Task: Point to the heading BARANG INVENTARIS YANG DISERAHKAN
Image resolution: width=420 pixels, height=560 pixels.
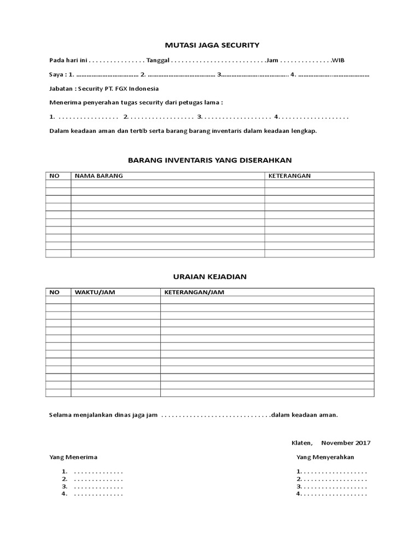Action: pyautogui.click(x=210, y=160)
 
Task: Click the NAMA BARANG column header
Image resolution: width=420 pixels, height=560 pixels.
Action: pyautogui.click(x=99, y=176)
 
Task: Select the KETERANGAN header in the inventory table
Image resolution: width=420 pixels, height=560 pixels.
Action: pyautogui.click(x=289, y=176)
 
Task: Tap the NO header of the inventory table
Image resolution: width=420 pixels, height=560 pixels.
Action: pyautogui.click(x=54, y=176)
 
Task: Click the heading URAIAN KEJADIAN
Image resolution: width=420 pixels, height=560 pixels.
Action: pyautogui.click(x=210, y=277)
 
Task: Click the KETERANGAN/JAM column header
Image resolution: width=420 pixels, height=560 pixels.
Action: pyautogui.click(x=194, y=292)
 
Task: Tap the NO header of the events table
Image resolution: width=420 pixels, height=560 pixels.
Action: pyautogui.click(x=54, y=292)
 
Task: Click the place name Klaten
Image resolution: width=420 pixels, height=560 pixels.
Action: pyautogui.click(x=301, y=442)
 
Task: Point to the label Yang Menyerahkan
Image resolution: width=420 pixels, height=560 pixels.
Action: pyautogui.click(x=325, y=457)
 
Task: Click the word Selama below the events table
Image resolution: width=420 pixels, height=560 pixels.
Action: pyautogui.click(x=61, y=415)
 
